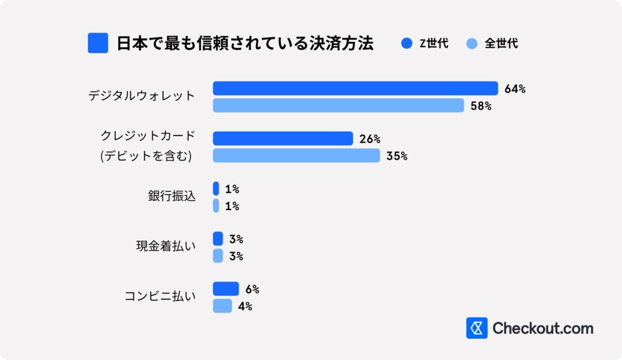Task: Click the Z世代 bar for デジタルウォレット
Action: point(355,89)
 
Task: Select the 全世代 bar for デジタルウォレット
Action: point(338,106)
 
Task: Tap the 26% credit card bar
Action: point(282,139)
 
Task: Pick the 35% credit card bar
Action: point(296,156)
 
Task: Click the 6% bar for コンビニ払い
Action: point(225,289)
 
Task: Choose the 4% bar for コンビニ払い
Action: point(222,306)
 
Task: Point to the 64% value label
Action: point(515,89)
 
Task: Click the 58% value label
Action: point(480,106)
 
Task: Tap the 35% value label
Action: point(397,156)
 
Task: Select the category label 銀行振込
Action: point(172,197)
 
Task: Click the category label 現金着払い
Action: point(166,247)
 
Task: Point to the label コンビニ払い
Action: point(160,297)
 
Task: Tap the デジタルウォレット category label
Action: point(142,96)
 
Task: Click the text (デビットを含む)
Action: point(146,156)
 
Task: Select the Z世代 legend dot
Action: point(406,44)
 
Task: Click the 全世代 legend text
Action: point(501,44)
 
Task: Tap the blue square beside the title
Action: point(98,43)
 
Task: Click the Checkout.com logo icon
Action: point(476,328)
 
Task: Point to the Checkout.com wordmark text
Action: point(543,328)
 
